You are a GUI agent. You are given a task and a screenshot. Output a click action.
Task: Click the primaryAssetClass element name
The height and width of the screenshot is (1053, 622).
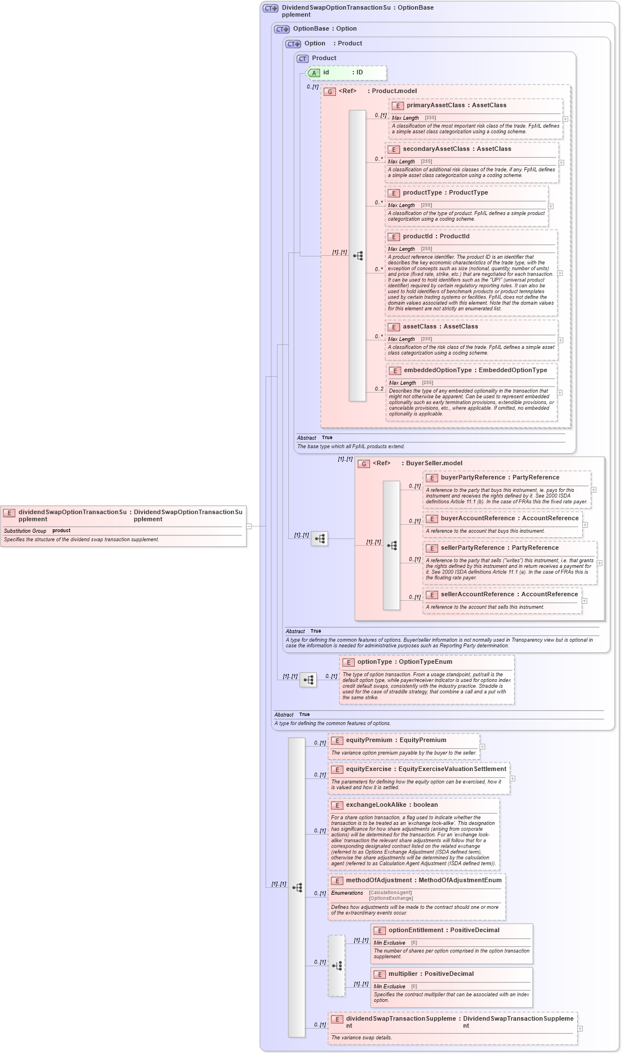click(435, 106)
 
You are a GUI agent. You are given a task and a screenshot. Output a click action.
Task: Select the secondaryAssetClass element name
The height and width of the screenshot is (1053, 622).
click(436, 149)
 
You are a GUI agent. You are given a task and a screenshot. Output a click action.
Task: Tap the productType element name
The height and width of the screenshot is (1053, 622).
click(422, 193)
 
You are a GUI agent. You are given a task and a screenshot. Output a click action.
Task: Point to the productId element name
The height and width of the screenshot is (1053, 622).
click(417, 237)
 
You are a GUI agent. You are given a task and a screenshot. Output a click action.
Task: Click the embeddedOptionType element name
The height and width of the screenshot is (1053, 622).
click(438, 370)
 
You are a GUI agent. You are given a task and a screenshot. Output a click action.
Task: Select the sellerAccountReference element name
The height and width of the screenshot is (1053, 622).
click(477, 595)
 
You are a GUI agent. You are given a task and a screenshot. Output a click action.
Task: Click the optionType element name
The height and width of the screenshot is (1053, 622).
click(375, 662)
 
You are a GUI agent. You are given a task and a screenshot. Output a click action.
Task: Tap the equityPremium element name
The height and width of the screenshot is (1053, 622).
click(369, 740)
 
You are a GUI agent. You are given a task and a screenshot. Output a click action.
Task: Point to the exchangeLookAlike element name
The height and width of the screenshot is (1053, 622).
click(376, 805)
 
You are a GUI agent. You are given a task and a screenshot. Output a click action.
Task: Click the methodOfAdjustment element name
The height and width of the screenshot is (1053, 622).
click(379, 881)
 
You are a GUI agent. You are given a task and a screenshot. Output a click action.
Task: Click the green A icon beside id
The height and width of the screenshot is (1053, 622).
click(314, 73)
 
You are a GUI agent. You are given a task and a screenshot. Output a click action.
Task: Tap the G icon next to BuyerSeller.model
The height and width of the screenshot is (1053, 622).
click(364, 464)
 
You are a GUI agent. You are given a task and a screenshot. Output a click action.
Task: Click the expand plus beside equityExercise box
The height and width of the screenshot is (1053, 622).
click(512, 778)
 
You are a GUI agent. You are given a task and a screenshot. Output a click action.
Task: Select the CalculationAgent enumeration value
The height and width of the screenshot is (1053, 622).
click(390, 893)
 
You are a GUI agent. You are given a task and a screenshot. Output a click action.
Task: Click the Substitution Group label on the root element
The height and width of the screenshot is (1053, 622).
click(25, 531)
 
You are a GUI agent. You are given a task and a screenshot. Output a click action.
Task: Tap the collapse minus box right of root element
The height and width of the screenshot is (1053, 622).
click(249, 526)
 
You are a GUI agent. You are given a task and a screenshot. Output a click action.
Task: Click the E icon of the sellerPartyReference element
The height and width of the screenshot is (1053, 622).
click(432, 549)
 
